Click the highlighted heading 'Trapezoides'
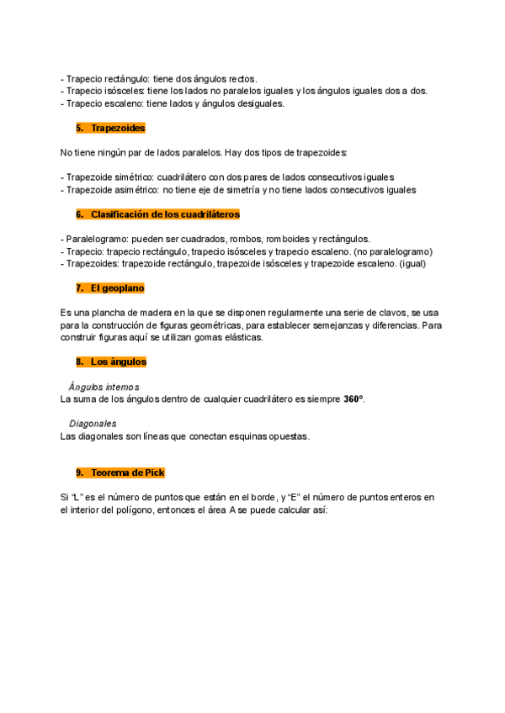tap(118, 128)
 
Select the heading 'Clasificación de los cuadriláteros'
tap(165, 214)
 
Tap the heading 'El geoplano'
tap(118, 288)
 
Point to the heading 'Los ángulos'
tap(119, 362)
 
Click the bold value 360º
tap(353, 399)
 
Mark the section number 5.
tap(79, 128)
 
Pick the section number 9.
tap(79, 473)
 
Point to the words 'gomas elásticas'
tap(228, 337)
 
